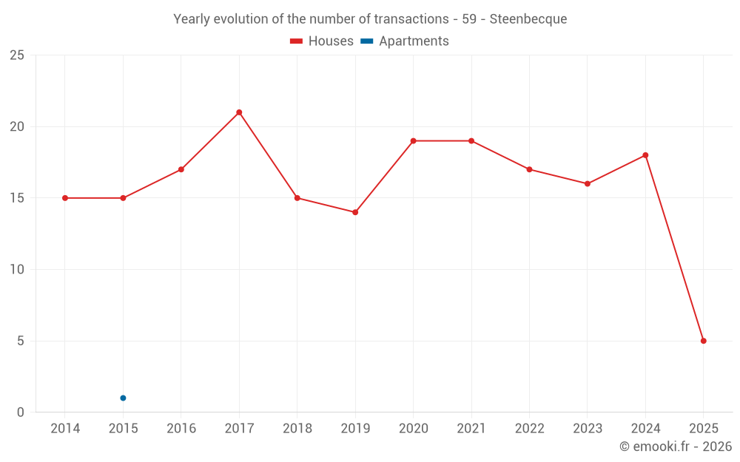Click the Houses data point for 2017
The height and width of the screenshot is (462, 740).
239,112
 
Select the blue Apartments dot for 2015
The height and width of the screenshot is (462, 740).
123,398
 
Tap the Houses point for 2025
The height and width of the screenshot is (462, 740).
703,341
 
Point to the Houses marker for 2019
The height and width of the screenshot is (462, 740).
355,212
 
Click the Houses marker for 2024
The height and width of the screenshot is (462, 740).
645,155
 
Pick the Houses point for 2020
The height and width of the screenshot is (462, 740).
413,140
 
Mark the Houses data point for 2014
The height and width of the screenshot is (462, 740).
65,198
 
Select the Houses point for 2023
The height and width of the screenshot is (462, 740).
588,183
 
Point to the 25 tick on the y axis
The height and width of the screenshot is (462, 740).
17,55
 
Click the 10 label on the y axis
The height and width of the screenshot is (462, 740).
17,269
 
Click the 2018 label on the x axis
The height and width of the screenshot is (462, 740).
297,429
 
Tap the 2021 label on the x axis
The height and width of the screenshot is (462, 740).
471,429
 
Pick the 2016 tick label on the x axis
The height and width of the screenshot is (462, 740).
181,429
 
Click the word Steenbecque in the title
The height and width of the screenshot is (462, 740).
528,19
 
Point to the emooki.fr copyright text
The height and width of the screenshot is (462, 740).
676,446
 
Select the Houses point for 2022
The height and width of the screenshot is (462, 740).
529,169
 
